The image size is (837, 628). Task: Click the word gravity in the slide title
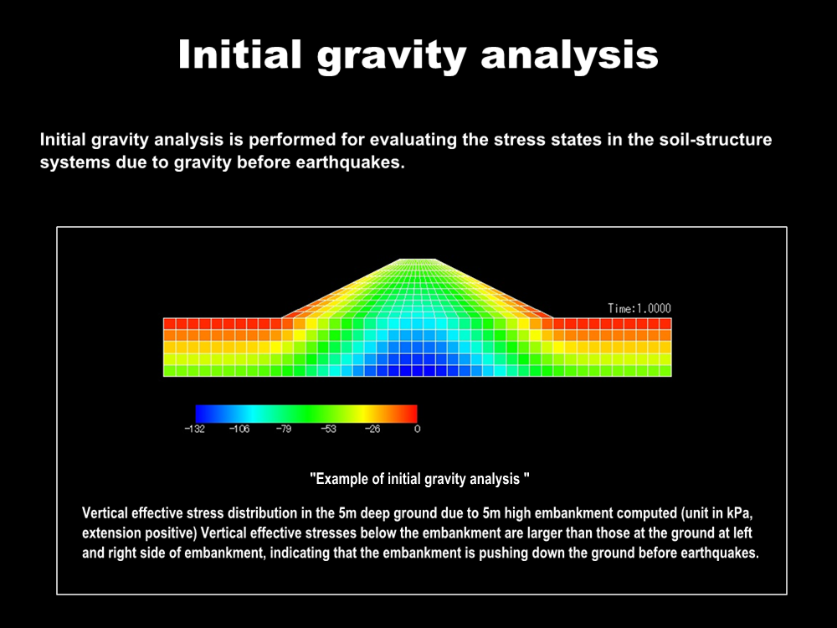[x=392, y=56]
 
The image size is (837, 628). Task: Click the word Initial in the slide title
[x=240, y=54]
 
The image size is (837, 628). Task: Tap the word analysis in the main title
[x=569, y=56]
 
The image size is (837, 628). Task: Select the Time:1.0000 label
[x=639, y=308]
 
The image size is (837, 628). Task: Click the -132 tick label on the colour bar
[x=195, y=429]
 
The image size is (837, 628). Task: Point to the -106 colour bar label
[x=239, y=429]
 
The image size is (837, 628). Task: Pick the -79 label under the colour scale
[x=284, y=429]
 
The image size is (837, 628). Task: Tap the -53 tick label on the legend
[x=328, y=429]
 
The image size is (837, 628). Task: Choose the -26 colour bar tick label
[x=372, y=429]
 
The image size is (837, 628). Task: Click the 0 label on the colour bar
[x=418, y=429]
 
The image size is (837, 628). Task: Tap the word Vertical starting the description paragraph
[x=105, y=513]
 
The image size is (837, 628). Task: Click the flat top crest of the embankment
[x=418, y=260]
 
